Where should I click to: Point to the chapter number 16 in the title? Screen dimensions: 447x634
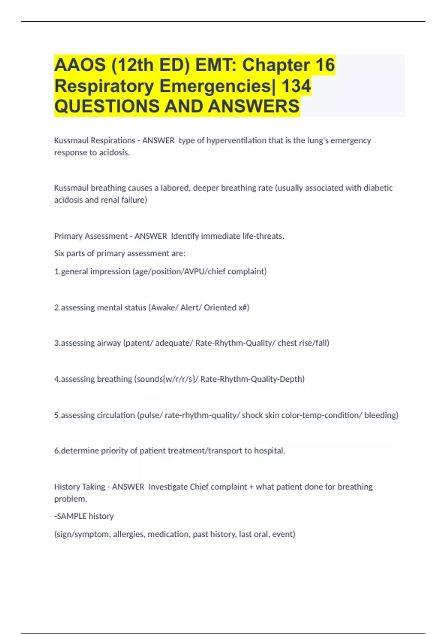[325, 65]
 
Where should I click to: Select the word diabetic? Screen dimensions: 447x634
[378, 188]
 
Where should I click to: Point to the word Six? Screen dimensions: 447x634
[59, 254]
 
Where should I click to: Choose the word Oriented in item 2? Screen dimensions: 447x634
[220, 308]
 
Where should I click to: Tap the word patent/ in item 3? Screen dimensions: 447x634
[139, 343]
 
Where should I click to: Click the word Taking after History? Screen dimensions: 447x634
[93, 487]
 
